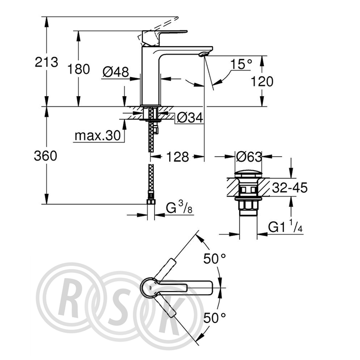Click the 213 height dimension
[46, 62]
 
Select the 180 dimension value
[79, 69]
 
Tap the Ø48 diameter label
[116, 73]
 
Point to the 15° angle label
[241, 64]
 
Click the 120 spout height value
[262, 81]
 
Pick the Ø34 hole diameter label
[190, 118]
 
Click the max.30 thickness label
[98, 136]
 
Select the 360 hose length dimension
[45, 156]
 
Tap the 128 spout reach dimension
[177, 157]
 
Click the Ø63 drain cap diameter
[249, 157]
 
